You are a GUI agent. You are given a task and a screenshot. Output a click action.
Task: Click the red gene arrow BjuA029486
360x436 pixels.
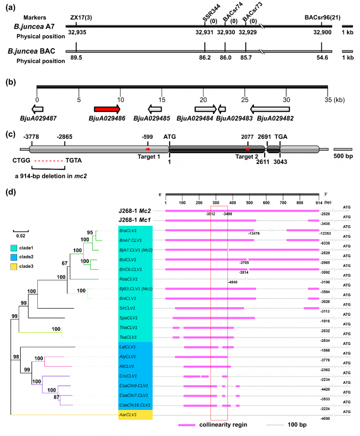[x=107, y=109]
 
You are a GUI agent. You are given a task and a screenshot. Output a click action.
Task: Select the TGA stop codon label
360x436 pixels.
[x=281, y=136]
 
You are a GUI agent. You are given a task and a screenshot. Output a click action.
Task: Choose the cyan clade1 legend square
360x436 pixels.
[x=15, y=248]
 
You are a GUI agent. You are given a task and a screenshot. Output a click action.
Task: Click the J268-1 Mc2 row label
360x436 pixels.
[x=135, y=210]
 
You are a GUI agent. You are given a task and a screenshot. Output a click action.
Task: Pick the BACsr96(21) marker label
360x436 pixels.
[x=321, y=18]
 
